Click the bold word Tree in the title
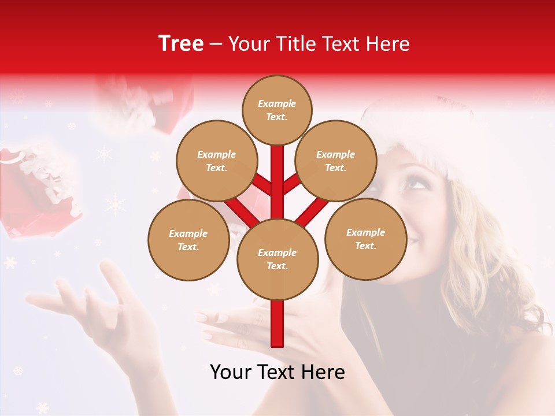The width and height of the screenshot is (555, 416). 181,44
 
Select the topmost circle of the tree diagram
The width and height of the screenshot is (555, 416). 277,110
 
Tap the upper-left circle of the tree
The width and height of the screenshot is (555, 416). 216,161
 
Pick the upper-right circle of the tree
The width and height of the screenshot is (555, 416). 335,161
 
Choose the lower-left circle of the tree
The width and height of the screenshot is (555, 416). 188,240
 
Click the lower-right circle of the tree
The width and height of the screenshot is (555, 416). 365,239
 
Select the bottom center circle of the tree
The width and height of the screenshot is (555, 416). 277,259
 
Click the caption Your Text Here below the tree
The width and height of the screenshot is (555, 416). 277,372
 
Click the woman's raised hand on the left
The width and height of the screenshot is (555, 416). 110,306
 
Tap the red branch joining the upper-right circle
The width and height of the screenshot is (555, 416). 292,184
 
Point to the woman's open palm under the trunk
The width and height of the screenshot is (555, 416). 243,324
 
